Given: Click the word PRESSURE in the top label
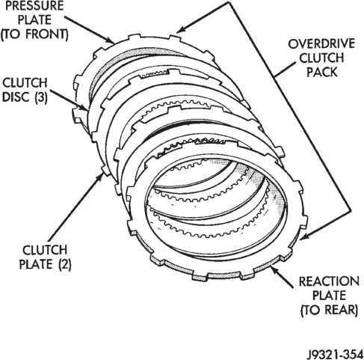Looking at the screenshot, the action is (34, 5).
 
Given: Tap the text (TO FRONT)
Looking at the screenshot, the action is (34, 34).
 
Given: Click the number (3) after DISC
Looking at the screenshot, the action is (40, 97).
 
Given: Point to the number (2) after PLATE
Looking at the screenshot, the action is (65, 264).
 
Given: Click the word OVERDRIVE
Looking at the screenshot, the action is (321, 44).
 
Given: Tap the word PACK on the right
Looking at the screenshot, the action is (321, 72).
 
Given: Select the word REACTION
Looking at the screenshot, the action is (329, 281).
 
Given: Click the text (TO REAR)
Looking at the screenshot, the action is (329, 310).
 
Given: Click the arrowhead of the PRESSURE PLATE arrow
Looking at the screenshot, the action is (111, 40).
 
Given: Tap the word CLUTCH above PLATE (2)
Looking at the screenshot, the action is (45, 250).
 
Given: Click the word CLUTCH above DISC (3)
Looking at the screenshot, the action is (25, 83).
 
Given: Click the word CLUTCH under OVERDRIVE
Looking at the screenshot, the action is (321, 58).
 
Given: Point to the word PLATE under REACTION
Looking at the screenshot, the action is (329, 296).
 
